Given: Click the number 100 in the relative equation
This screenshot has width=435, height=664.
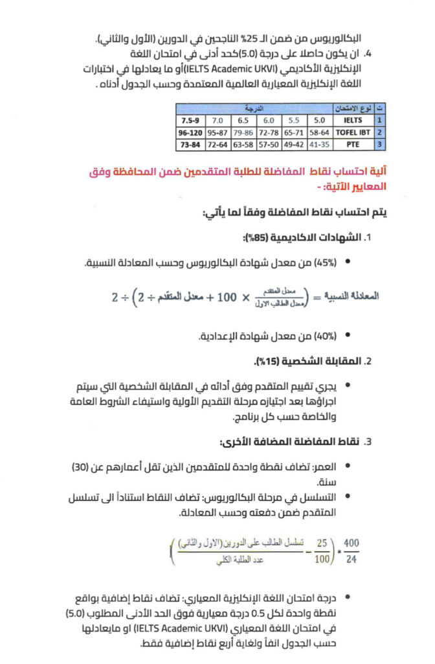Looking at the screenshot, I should (x=227, y=298).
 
